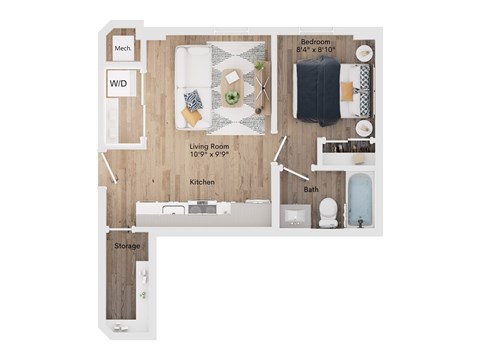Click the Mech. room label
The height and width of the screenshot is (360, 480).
point(123,48)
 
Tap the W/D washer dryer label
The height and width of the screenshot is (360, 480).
point(118,83)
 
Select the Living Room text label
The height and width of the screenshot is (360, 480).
point(209,146)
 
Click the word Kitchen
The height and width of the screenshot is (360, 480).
point(202,182)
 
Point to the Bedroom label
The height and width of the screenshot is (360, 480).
point(316,42)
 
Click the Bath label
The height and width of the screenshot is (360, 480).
point(311,189)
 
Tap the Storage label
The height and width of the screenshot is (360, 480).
point(127,246)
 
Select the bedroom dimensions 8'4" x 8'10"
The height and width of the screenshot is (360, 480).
point(316,50)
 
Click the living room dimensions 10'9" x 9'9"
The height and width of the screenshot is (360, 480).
point(209,154)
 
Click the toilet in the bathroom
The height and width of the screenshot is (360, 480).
point(328,212)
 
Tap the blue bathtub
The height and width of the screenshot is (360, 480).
point(360,200)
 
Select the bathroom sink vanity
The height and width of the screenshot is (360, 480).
point(295,216)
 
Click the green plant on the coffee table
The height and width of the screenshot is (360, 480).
point(232,97)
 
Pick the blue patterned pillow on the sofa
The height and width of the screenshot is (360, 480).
point(193,101)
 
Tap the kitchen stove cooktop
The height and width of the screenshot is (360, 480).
point(202,208)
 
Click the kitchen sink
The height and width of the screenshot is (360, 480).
point(173,210)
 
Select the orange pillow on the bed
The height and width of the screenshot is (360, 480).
point(347,91)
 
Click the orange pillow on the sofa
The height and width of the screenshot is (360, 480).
point(191,116)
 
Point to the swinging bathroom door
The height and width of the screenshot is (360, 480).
point(294,172)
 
